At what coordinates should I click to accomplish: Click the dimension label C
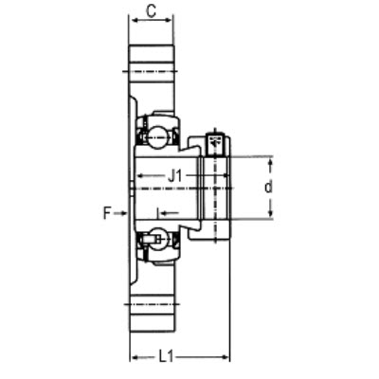coord(152,11)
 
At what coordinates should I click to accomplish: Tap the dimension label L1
coord(166,357)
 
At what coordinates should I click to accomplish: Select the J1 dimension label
coord(175,175)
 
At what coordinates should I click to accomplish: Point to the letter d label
coord(268,188)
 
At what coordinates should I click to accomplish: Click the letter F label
coord(107,213)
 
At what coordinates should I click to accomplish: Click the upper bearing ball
coord(157,136)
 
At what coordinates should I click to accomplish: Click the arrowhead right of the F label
coord(123,213)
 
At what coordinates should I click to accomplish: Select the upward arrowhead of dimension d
coord(270,163)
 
